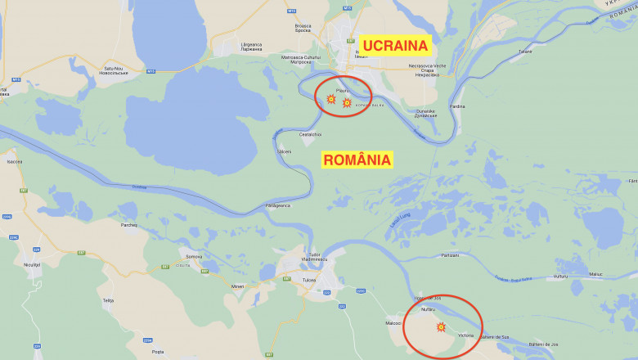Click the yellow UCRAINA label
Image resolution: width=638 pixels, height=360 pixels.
[396, 45]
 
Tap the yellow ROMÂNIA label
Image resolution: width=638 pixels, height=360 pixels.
[357, 160]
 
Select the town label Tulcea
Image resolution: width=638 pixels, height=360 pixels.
[309, 279]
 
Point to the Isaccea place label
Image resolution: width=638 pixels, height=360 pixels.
[15, 162]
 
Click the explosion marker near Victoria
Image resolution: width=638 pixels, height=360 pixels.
[441, 327]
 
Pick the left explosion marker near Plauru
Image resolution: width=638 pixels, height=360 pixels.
[330, 99]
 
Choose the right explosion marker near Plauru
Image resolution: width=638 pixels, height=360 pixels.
[347, 103]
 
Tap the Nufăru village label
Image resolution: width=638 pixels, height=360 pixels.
[428, 309]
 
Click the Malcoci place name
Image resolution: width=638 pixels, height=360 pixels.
[393, 323]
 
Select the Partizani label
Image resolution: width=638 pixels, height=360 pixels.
[450, 255]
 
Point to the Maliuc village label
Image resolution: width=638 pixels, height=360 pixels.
[595, 274]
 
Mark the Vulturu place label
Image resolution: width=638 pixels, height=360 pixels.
[559, 277]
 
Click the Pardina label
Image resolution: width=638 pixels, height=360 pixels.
[457, 106]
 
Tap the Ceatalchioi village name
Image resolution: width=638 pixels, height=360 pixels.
[311, 134]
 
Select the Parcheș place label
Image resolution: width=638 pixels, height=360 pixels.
[129, 224]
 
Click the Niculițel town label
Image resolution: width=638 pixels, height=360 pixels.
[32, 264]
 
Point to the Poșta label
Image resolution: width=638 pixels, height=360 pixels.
[158, 352]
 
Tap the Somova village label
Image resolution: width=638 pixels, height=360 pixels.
[194, 257]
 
